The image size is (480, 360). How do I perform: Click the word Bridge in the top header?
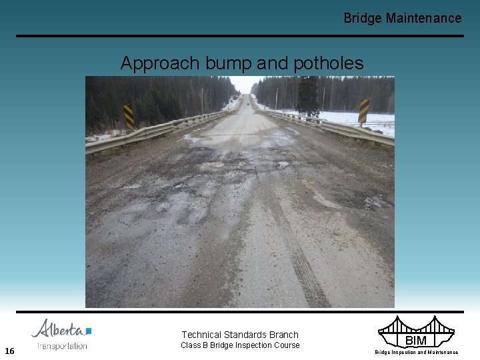click(362, 19)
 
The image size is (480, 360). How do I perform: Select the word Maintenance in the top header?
click(423, 19)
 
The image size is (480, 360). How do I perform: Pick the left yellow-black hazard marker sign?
click(129, 116)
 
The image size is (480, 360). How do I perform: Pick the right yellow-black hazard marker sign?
click(363, 111)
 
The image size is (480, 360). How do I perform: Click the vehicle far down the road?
click(248, 103)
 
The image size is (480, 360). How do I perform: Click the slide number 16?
click(9, 351)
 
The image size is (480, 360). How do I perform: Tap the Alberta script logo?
click(59, 329)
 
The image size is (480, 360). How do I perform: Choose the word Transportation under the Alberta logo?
click(62, 346)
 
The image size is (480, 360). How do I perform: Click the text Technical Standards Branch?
click(240, 335)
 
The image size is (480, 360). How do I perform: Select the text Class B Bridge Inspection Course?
click(240, 345)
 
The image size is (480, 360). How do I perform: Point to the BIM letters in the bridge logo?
click(416, 341)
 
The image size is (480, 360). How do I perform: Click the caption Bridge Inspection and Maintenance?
click(416, 352)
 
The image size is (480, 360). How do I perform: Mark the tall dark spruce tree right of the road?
click(307, 93)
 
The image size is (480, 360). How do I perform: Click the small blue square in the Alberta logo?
click(89, 330)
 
